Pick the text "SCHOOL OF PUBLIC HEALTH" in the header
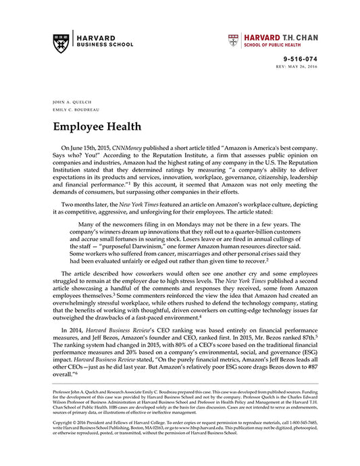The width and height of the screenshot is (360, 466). click(280, 44)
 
